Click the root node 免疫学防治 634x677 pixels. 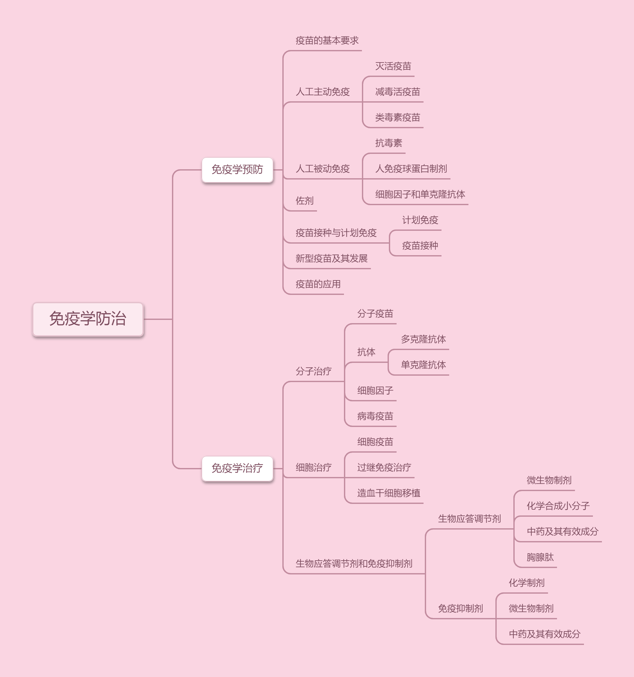pos(88,319)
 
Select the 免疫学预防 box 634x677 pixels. pos(237,170)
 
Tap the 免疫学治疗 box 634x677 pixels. pos(237,468)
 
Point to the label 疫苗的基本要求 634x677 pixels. pos(327,41)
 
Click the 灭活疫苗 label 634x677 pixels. pos(393,66)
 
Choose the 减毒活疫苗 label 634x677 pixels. pos(398,92)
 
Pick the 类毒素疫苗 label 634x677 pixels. pos(398,118)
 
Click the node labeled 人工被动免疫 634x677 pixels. pos(322,169)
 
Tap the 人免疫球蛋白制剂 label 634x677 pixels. pos(411,169)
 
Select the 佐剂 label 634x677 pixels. pos(304,201)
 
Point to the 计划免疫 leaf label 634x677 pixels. pos(420,220)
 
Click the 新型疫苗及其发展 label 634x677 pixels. pos(331,259)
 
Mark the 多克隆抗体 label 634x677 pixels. pos(423,339)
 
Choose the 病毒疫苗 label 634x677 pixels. pos(375,416)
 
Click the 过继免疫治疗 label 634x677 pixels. pos(384,468)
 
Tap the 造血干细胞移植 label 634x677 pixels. pos(389,493)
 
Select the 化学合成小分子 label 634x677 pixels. pos(558,506)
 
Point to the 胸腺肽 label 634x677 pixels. pos(540,557)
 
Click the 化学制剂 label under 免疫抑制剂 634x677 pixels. pos(526,583)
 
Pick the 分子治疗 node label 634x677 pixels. pos(313,372)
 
